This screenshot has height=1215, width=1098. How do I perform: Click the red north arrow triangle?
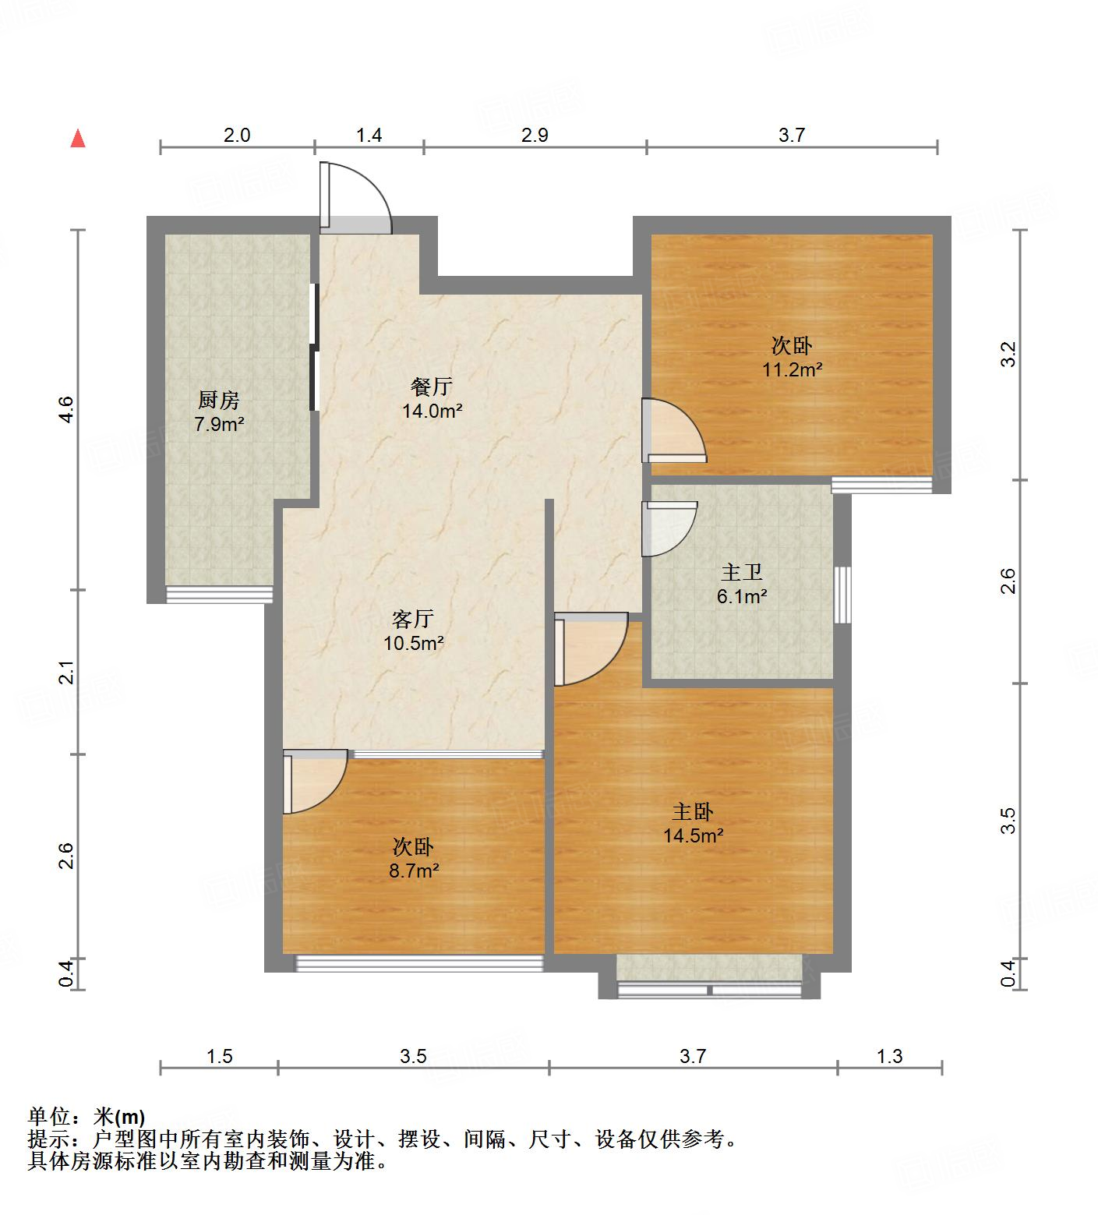point(78,139)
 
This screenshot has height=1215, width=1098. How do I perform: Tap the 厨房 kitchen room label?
point(218,401)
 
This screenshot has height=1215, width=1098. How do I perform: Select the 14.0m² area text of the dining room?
point(432,411)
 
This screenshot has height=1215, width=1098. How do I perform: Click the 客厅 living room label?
point(412,620)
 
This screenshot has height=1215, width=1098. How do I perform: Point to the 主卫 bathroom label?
point(741,573)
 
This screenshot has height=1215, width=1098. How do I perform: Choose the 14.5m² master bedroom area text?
point(693,836)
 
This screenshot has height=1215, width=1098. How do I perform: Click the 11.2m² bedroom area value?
point(793,369)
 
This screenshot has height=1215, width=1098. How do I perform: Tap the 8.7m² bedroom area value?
point(414,871)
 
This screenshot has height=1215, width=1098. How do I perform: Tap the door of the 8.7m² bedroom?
point(313,782)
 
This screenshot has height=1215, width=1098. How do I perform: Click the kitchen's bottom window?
point(220,595)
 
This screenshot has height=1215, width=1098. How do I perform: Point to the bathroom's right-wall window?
point(842,595)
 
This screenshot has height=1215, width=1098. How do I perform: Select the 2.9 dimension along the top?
point(535,135)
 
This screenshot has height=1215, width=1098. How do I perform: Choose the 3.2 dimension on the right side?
point(1008,355)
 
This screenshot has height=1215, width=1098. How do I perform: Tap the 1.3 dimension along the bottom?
point(889,1056)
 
